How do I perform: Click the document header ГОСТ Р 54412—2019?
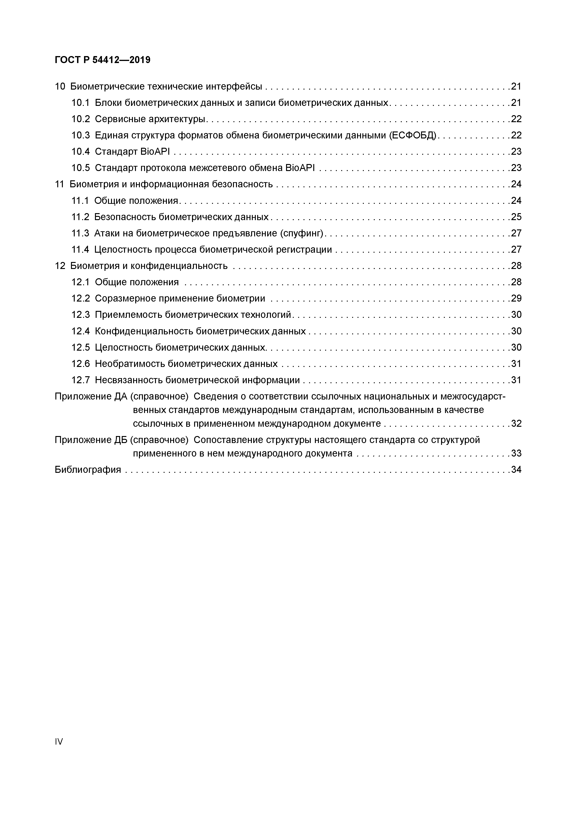tap(102, 60)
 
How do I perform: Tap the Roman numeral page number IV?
tap(59, 741)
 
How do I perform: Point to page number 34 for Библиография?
tap(516, 470)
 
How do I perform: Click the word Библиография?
tap(88, 470)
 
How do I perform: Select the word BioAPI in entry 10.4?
tap(155, 152)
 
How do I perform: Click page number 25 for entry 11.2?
tap(516, 217)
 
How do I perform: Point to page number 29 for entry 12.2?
tap(516, 299)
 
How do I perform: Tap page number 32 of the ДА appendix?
tap(516, 424)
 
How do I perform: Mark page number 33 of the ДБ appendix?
tap(516, 453)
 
